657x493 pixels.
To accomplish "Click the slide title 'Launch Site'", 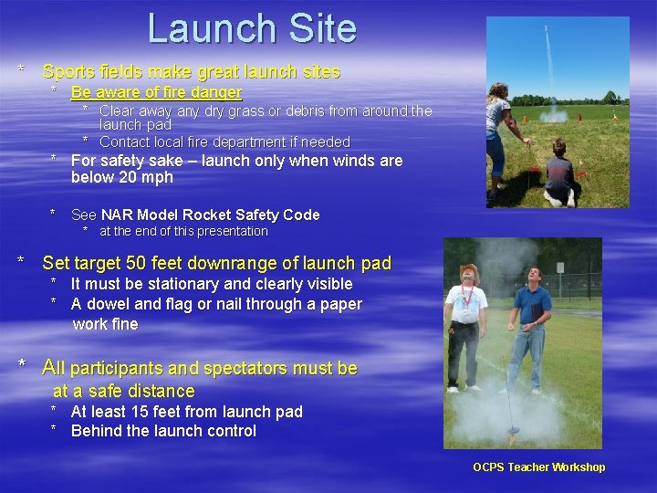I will [252, 28].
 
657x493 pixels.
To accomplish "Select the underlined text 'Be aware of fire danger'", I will [156, 92].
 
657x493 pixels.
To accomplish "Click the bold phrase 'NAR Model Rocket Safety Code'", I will [210, 215].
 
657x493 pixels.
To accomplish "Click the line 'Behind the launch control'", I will [163, 431].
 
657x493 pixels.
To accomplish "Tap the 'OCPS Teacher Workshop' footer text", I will [538, 467].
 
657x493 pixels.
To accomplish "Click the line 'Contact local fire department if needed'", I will [224, 142].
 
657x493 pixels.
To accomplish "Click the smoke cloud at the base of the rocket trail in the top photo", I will [553, 116].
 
